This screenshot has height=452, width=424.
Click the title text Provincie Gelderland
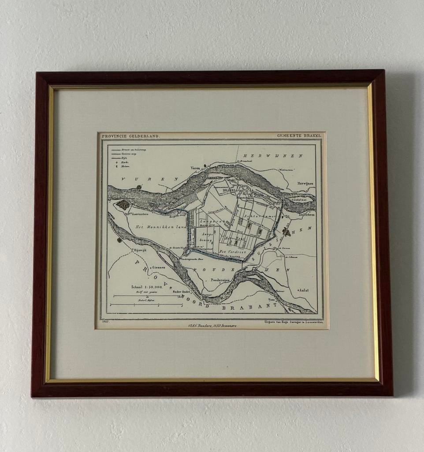pos(131,136)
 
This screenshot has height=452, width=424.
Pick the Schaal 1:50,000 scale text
pos(146,287)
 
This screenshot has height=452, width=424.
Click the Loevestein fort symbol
pos(123,204)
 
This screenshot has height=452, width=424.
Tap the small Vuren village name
pos(195,168)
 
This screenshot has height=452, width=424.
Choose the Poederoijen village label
pos(220,280)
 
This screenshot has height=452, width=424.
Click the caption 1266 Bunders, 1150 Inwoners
pos(212,325)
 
